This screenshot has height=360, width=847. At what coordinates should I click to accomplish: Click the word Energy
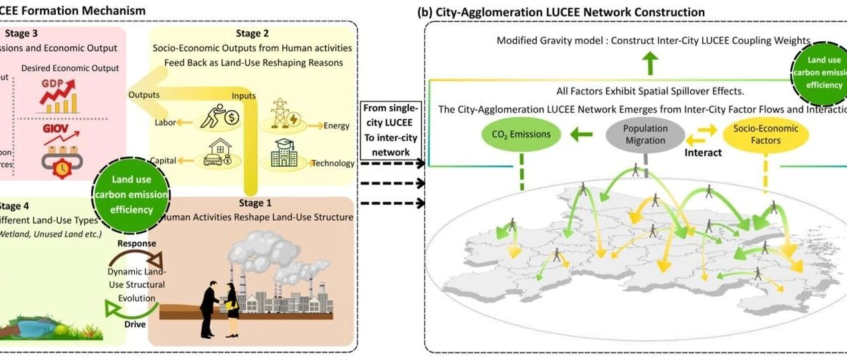[x=337, y=126]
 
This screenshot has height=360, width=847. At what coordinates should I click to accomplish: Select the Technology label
[x=333, y=163]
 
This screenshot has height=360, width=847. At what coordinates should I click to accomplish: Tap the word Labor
[x=165, y=122]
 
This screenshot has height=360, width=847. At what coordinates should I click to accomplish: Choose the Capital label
[x=163, y=160]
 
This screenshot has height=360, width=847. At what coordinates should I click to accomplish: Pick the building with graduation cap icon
[x=284, y=156]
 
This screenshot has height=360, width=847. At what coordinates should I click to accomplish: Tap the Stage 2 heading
[x=253, y=33]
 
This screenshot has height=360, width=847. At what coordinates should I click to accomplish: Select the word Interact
[x=704, y=152]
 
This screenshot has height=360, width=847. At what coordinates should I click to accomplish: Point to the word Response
[x=136, y=244]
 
